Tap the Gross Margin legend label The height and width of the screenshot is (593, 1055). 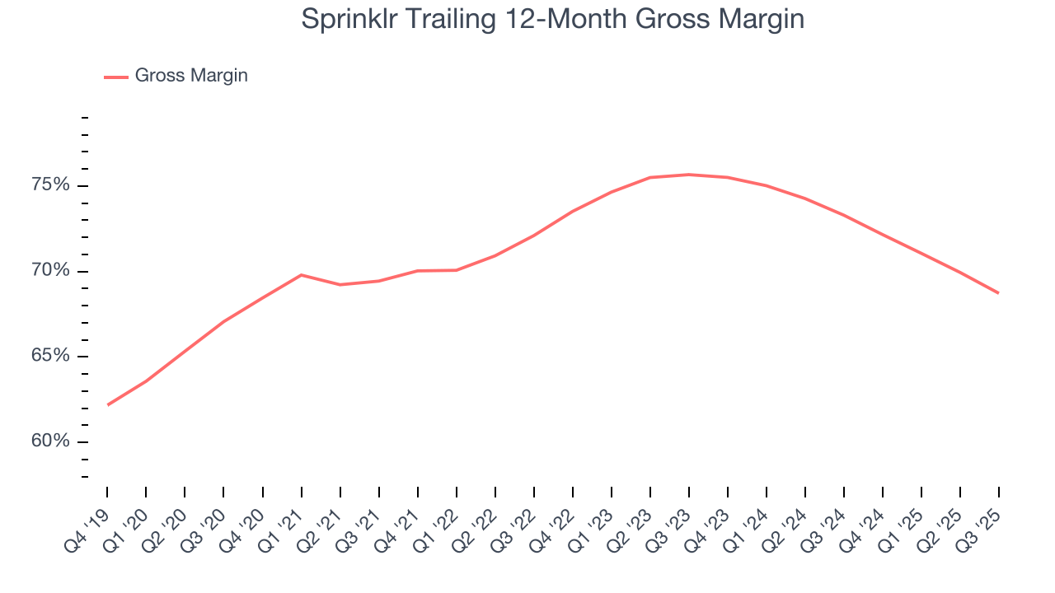[191, 76]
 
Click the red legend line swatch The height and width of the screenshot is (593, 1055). [116, 77]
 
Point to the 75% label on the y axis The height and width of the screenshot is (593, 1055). [50, 185]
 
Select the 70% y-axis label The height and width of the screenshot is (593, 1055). [50, 271]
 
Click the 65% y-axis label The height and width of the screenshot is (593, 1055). [50, 357]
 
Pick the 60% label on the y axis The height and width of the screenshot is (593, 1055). [50, 442]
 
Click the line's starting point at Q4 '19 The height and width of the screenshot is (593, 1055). [108, 404]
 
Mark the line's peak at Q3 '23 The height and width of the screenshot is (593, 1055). [689, 175]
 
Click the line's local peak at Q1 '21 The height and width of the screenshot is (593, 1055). [302, 274]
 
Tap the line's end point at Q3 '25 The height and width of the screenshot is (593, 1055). [998, 293]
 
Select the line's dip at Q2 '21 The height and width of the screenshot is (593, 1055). [340, 285]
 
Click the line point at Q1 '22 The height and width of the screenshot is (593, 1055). [457, 270]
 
